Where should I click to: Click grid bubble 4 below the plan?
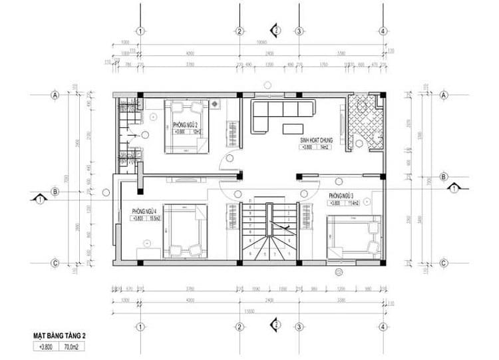click(383, 327)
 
